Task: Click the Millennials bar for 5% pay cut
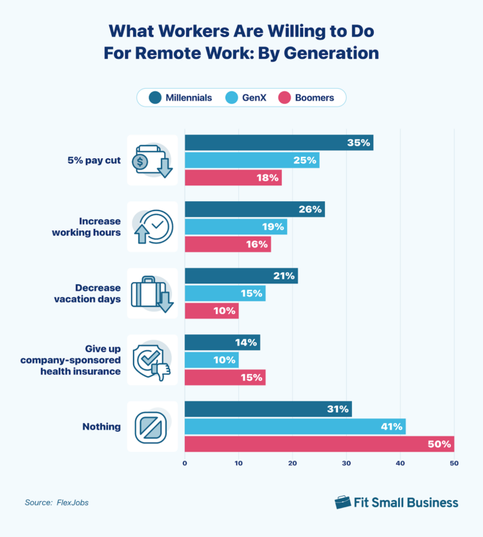click(279, 142)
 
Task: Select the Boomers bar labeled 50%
click(319, 444)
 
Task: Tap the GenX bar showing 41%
click(294, 426)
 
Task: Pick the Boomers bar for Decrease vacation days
click(211, 311)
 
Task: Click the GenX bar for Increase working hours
click(236, 226)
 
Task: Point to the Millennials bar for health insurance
click(222, 342)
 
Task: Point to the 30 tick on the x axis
click(346, 464)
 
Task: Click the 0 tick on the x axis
click(185, 464)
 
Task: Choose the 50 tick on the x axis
click(453, 464)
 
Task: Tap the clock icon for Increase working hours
click(153, 227)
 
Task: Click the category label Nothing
click(103, 427)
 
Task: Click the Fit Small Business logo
click(396, 502)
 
